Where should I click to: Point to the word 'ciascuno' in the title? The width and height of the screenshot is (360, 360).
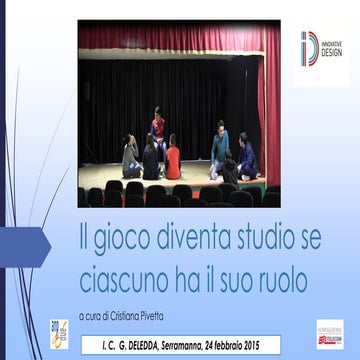click(120, 272)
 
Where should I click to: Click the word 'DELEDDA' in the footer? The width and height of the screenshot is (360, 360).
click(150, 340)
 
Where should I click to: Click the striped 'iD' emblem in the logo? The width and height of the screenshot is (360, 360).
click(308, 48)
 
